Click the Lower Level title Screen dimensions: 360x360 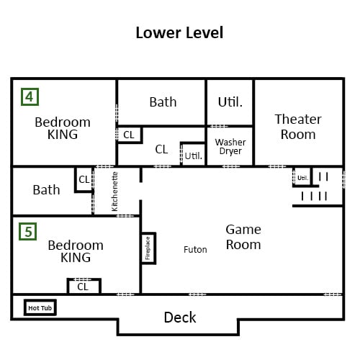[179, 32]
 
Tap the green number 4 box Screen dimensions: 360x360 [30, 96]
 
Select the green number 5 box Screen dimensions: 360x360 [28, 232]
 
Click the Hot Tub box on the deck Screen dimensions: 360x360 [40, 307]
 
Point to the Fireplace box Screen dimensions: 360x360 [148, 248]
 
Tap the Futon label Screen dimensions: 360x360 [195, 250]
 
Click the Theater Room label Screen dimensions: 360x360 [298, 127]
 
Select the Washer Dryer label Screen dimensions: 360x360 [230, 147]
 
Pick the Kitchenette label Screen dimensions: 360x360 [114, 192]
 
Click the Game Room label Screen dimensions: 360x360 [243, 237]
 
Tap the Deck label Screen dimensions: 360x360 [180, 318]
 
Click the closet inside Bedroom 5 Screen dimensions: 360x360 [84, 286]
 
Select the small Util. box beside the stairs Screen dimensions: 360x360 [302, 177]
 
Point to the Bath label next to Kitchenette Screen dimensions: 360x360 [46, 190]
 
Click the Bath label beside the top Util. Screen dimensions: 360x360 [163, 102]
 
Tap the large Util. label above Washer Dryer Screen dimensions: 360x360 [230, 102]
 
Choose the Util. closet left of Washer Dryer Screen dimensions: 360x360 [193, 154]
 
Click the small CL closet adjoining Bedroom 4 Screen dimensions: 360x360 [130, 135]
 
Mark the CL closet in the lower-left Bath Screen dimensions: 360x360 [84, 180]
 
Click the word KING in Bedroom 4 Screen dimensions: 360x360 [63, 135]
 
